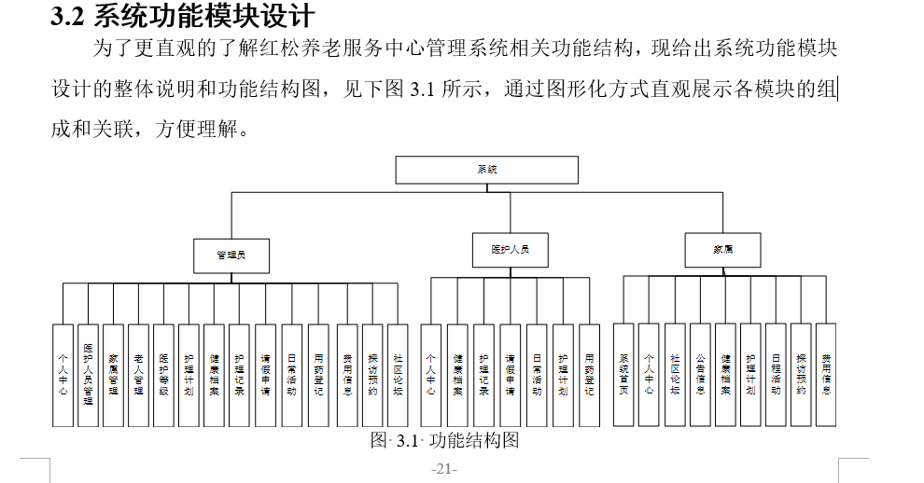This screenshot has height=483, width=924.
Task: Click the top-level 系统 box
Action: [486, 170]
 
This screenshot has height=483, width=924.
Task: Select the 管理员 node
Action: [231, 254]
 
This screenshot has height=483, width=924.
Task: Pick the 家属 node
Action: [722, 250]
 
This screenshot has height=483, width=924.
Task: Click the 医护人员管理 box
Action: [88, 375]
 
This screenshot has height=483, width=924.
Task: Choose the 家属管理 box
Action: [113, 375]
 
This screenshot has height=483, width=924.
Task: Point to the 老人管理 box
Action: [138, 375]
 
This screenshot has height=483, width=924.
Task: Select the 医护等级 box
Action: [164, 375]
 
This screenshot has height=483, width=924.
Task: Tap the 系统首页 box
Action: [624, 375]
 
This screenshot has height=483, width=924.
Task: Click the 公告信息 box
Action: [700, 375]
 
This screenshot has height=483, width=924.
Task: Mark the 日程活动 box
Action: [776, 375]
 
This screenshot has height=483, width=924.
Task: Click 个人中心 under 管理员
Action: [63, 375]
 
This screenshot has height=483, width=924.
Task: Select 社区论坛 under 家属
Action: [675, 375]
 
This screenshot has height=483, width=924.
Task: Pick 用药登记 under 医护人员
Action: [589, 375]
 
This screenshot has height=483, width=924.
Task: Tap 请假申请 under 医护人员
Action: [510, 375]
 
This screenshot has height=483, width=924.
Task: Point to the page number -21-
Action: [444, 468]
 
